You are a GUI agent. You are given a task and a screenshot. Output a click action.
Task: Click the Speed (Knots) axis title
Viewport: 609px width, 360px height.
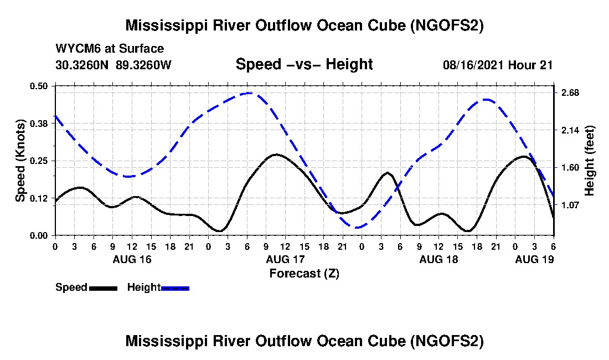pos(20,161)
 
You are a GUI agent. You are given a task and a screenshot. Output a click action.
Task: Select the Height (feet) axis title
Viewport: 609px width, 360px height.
pos(590,161)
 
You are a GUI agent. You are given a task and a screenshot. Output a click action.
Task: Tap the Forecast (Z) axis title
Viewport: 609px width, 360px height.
pos(304,273)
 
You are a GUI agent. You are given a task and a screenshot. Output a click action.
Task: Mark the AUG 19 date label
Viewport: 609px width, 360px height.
pos(534,259)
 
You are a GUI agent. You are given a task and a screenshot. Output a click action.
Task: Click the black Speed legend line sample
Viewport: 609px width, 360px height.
pos(103,288)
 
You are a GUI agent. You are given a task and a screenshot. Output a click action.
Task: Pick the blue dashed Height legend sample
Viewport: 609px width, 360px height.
pos(175,288)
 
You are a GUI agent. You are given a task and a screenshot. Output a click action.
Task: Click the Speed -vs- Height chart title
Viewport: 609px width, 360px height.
pos(304,64)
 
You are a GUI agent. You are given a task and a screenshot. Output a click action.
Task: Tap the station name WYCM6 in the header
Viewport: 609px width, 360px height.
pos(75,49)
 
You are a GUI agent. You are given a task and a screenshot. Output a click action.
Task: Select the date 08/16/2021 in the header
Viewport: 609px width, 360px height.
pos(473,65)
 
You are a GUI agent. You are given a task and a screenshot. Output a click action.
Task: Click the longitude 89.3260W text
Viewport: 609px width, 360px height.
pos(144,65)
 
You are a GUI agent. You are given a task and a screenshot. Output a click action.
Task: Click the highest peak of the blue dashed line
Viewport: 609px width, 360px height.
pos(250,93)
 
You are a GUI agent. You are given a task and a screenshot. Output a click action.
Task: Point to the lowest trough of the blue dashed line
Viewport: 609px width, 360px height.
pos(357,227)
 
